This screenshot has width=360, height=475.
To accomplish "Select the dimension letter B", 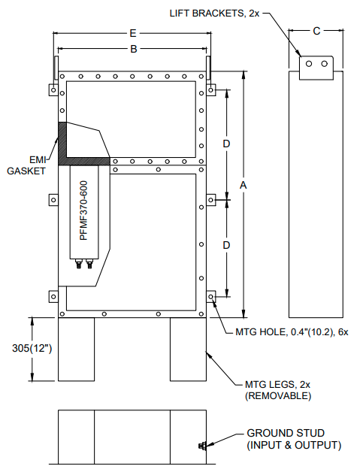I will pyautogui.click(x=133, y=50).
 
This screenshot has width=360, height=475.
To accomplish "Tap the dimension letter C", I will pyautogui.click(x=316, y=31).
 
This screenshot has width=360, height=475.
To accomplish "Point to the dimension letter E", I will pyautogui.click(x=133, y=33).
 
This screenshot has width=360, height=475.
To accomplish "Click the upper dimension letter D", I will pyautogui.click(x=225, y=143).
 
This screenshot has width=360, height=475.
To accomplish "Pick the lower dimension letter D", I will pyautogui.click(x=225, y=245).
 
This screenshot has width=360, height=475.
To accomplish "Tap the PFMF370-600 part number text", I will pyautogui.click(x=83, y=210).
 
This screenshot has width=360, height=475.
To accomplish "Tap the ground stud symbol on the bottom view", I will pyautogui.click(x=202, y=447).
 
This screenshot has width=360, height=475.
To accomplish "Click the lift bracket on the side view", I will pyautogui.click(x=316, y=67).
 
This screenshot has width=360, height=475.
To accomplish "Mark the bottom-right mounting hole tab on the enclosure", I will pyautogui.click(x=213, y=298).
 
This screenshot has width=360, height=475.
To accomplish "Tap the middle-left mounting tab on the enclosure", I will pyautogui.click(x=53, y=200).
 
